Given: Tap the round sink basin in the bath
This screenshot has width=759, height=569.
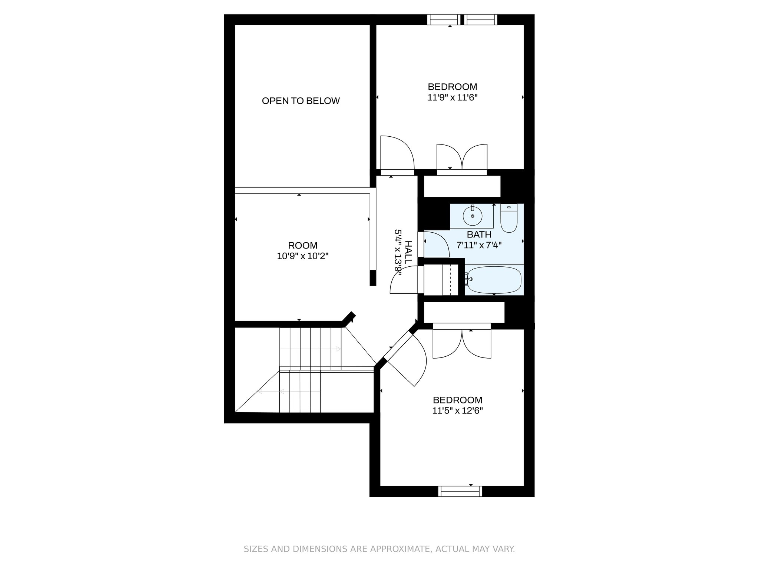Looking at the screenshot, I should coord(472,216).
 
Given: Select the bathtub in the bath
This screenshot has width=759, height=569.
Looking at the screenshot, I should coord(494,280).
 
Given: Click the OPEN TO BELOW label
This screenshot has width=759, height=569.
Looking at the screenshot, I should coord(301,101).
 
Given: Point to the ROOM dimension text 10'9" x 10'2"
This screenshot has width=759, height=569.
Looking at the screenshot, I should coord(303,256).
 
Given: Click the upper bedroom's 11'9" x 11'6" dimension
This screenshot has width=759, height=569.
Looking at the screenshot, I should coord(452,97).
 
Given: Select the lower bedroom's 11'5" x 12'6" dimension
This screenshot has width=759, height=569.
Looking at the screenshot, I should coord(457,411).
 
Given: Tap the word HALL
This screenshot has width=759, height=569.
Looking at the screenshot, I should coord(408,252).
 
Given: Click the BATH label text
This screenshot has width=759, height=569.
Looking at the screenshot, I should coord(479,234).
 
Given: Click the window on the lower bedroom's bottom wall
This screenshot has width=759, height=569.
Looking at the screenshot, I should coord(460,491).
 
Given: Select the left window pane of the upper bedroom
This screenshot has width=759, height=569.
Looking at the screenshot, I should coord(443,20).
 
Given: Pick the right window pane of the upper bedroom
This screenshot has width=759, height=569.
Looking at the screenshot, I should coord(481,20).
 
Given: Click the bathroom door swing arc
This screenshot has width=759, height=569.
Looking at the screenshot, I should coord(437,244).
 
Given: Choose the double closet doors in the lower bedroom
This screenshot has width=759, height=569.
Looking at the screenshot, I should coord(462,343).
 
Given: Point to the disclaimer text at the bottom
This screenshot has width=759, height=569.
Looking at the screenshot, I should coord(379,549).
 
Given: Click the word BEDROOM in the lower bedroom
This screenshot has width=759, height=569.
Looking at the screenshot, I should coord(457,400).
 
